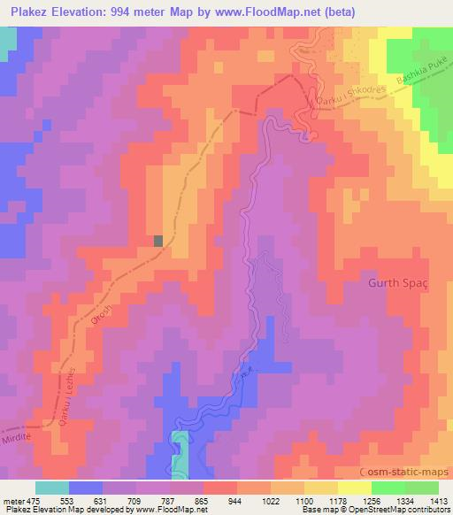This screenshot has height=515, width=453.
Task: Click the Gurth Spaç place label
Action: (396, 284)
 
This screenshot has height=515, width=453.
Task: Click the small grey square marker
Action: (158, 240)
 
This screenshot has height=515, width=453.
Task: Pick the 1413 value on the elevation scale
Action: (427, 501)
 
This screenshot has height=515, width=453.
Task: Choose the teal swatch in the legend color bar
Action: (52, 488)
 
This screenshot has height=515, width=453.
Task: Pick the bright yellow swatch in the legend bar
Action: (355, 488)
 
